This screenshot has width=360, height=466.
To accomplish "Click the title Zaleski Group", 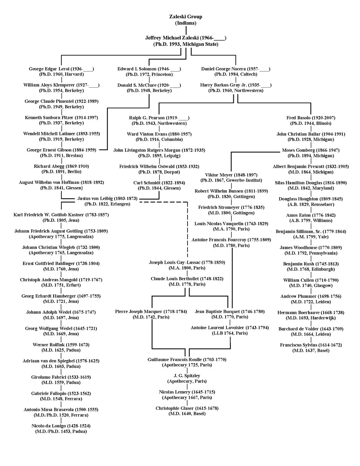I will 186,17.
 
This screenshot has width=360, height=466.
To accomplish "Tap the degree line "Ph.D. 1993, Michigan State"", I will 186,44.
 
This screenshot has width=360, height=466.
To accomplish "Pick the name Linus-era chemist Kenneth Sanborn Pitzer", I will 61,117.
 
